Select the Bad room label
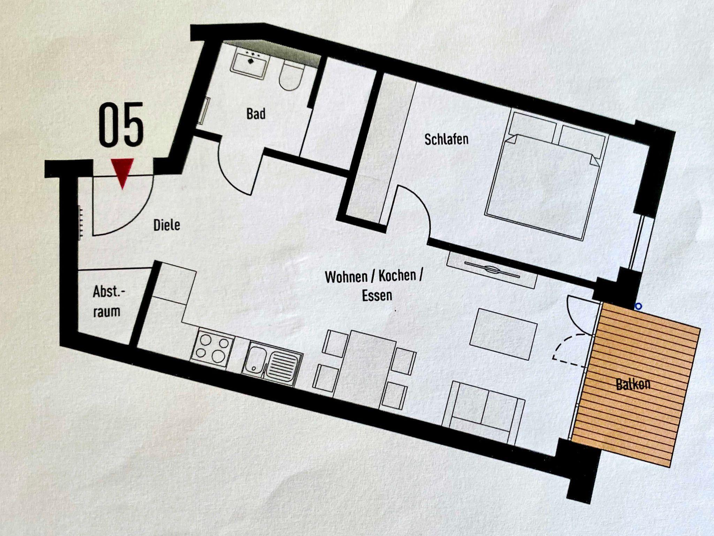[x=256, y=114]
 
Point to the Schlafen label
[x=446, y=139]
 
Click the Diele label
[x=167, y=225]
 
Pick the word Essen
[x=377, y=296]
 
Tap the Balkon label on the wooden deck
[x=633, y=385]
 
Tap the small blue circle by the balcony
[x=638, y=307]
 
